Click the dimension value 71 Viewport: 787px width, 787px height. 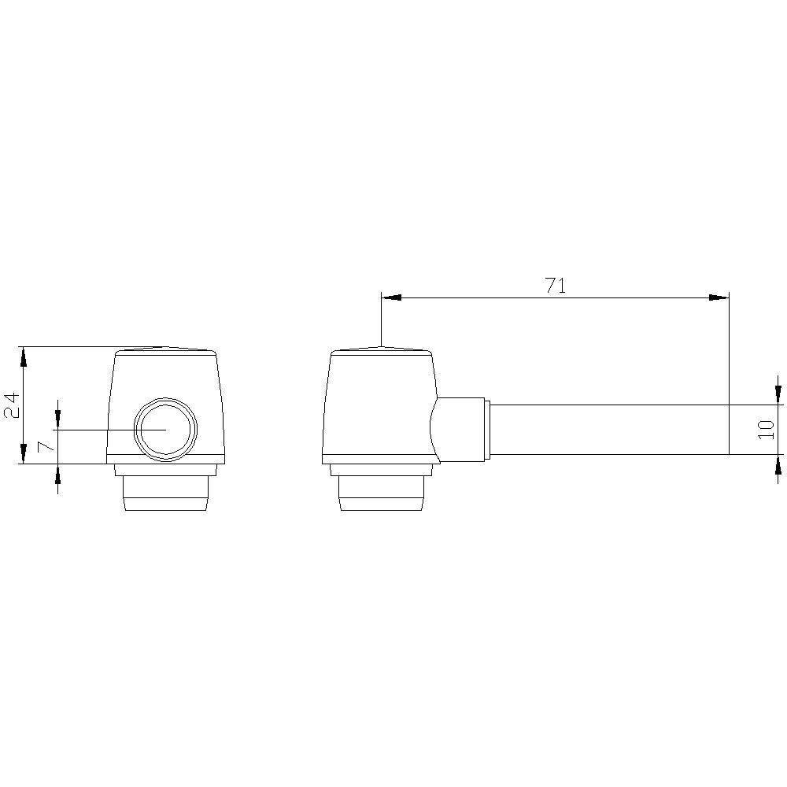(x=555, y=286)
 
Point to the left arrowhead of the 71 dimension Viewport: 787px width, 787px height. (x=391, y=297)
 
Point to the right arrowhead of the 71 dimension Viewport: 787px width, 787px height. (x=719, y=297)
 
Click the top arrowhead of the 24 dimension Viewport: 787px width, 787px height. (x=24, y=356)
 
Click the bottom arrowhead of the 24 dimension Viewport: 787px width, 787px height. (x=24, y=454)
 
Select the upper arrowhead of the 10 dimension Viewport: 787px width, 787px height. (x=778, y=394)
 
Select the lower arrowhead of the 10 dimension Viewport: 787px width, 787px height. (x=778, y=464)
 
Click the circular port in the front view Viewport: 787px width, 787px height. (x=165, y=430)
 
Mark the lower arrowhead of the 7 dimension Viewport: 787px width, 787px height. (x=57, y=474)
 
